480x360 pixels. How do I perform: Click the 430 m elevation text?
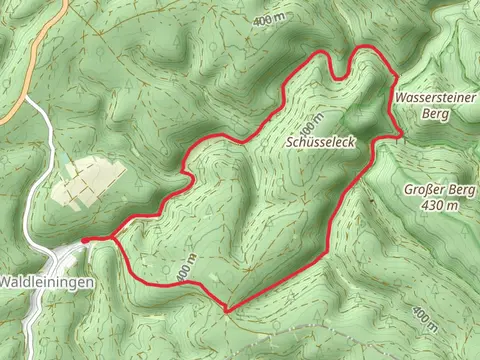[440, 205]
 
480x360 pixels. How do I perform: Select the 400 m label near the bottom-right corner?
[424, 319]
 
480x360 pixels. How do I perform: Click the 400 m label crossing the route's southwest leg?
[183, 267]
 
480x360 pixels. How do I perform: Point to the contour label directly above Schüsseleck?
[311, 124]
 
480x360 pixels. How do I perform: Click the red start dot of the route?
[85, 239]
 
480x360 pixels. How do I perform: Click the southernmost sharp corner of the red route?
[228, 311]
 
